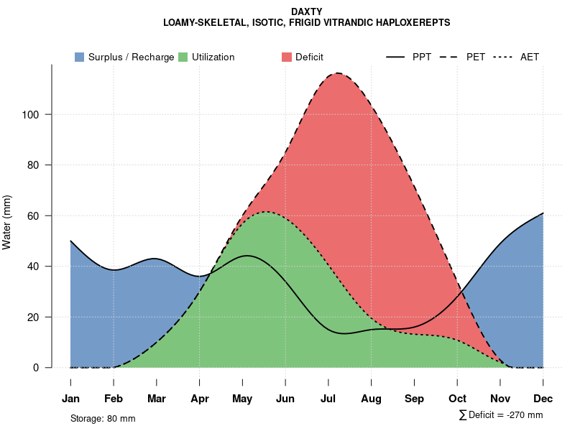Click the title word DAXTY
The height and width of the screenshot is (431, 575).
tap(307, 11)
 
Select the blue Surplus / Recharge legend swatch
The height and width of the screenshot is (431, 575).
tap(79, 57)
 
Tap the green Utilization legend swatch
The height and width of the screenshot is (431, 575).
tap(183, 57)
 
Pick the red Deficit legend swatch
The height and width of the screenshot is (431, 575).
tap(287, 57)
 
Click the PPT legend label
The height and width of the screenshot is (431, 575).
tap(422, 57)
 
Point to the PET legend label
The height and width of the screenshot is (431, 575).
tap(476, 57)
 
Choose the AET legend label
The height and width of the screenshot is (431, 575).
tap(530, 57)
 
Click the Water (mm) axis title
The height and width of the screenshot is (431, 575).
tap(7, 222)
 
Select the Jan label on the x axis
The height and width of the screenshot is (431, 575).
tap(70, 399)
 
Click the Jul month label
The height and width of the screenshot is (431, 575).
tap(328, 399)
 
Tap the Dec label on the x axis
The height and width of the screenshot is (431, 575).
tap(543, 399)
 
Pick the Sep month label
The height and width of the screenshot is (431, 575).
tap(414, 399)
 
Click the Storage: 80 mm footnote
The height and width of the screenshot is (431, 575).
tap(103, 418)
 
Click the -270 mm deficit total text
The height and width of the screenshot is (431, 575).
tap(520, 415)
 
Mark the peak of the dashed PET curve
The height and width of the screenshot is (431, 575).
tap(336, 73)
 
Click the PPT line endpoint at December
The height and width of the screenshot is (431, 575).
tap(543, 213)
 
